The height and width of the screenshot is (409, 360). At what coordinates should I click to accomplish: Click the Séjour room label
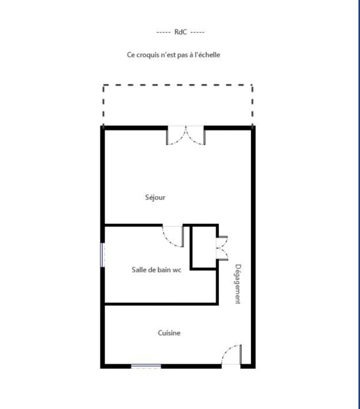coord(155,197)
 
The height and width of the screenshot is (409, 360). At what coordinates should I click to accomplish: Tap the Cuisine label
coord(169,333)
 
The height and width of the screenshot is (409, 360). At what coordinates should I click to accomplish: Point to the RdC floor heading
coord(180,32)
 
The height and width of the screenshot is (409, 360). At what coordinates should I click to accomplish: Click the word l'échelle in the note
coord(207,55)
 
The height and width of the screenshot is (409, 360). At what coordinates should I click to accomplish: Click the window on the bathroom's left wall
coord(102,254)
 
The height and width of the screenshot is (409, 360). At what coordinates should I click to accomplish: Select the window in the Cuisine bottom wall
coord(146,366)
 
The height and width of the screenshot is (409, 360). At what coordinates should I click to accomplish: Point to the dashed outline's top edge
coord(178,85)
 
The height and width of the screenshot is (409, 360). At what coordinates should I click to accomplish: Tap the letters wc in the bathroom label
coord(177,270)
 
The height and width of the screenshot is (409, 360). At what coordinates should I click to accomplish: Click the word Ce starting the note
coord(131,55)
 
